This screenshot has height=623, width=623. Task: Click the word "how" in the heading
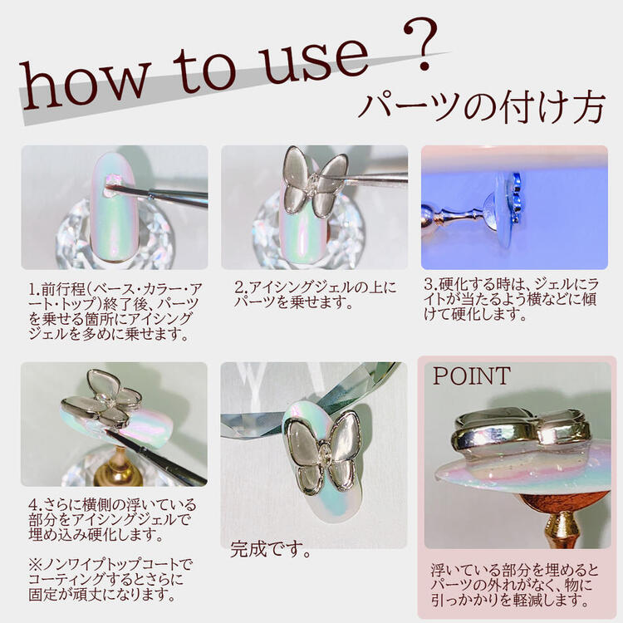point(85,85)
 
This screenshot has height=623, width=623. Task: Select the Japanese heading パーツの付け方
point(482,108)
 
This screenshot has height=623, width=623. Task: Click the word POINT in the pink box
point(472,375)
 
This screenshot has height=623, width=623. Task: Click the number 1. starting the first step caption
point(34,289)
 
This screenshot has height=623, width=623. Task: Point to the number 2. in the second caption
point(241,287)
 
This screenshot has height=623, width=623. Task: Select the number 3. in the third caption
point(431,284)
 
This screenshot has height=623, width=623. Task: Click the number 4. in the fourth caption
point(36,504)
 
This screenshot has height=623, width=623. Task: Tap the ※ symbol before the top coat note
point(35,564)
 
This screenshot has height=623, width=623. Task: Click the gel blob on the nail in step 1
point(110,185)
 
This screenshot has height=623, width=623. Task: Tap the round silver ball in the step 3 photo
point(429,218)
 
